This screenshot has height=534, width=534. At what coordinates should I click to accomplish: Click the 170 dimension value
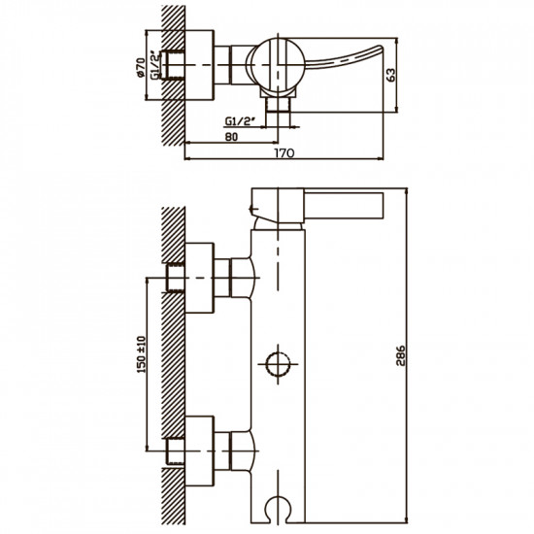point(284,153)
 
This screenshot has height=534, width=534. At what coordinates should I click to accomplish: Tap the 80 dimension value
point(231,137)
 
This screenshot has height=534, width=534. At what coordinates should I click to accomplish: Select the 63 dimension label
point(391,75)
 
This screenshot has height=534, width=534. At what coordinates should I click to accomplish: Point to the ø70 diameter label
point(141,68)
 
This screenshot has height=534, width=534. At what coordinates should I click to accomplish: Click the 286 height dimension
point(401,355)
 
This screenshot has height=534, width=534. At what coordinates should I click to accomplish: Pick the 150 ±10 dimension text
point(142,354)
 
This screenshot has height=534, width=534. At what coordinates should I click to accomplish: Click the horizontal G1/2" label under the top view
point(241,121)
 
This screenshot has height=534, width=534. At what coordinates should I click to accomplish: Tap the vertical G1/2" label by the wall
point(155,65)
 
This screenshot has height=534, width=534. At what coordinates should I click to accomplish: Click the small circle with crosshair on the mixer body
point(278,364)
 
